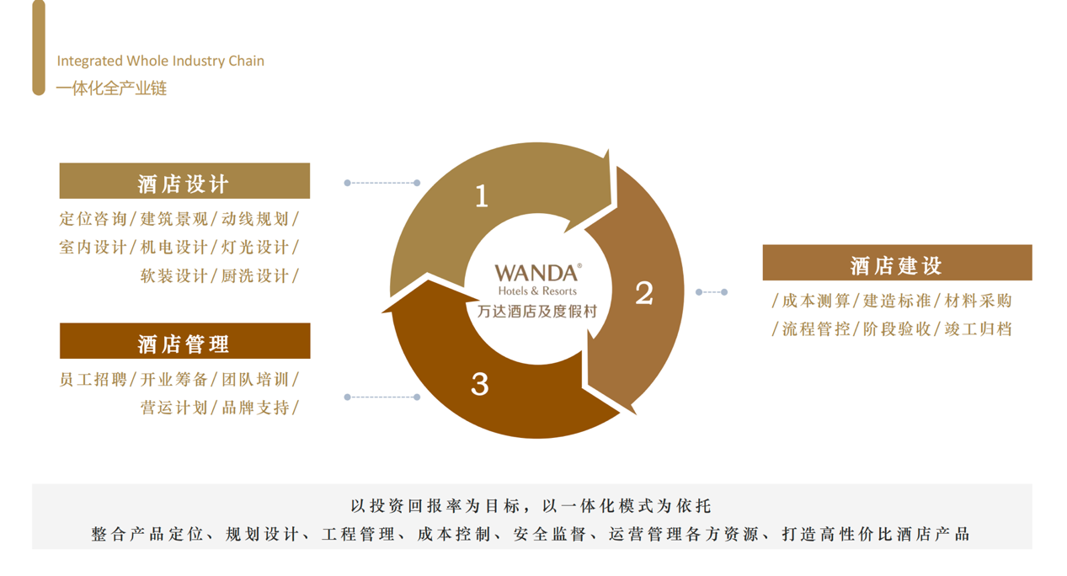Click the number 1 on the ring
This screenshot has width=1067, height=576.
coord(482,196)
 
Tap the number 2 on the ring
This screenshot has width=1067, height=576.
coord(644,293)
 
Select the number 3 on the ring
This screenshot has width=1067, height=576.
coord(480,384)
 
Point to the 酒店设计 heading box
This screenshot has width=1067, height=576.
coord(184,182)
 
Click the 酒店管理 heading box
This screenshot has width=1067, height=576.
coord(184,342)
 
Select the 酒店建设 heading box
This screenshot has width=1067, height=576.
coord(897,264)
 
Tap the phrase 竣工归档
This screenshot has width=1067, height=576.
coord(978,329)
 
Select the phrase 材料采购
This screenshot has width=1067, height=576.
coord(978,301)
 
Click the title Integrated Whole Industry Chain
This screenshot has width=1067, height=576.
coord(160,61)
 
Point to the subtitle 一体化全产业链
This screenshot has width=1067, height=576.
coord(111,88)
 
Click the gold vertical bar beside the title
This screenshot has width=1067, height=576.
coord(39,47)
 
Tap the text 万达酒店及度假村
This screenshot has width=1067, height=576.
coord(537,312)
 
